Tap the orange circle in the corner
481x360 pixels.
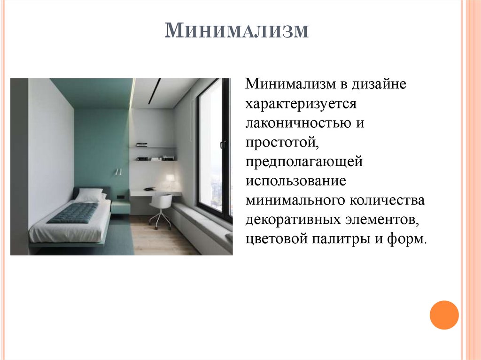point(444,315)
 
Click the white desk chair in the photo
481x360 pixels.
point(161,209)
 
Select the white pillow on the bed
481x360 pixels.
point(89,195)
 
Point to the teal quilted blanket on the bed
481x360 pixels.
point(73,213)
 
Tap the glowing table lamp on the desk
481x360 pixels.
point(169,180)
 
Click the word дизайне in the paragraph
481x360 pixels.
point(375,85)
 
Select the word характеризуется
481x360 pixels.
point(301,104)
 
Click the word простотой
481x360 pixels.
point(279,143)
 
